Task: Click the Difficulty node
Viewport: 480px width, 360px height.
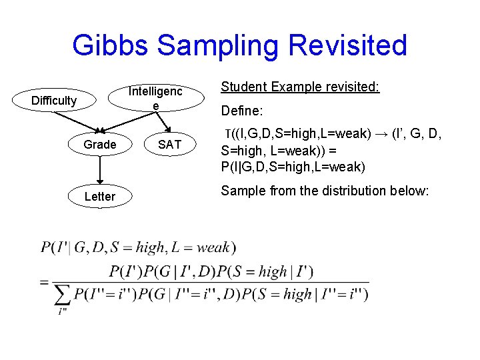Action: point(54,101)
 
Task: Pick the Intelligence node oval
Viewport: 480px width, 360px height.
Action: point(155,98)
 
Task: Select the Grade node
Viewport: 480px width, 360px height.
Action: point(100,145)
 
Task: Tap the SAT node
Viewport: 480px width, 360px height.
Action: point(169,145)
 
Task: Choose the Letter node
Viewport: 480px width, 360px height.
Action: point(100,196)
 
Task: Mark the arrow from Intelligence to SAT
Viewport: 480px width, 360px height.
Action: point(163,123)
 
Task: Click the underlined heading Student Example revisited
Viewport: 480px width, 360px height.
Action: point(300,87)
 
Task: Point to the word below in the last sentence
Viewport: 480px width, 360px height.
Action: point(411,191)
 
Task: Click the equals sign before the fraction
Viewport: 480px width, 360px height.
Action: point(44,282)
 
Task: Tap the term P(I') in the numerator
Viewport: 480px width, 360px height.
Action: point(125,271)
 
